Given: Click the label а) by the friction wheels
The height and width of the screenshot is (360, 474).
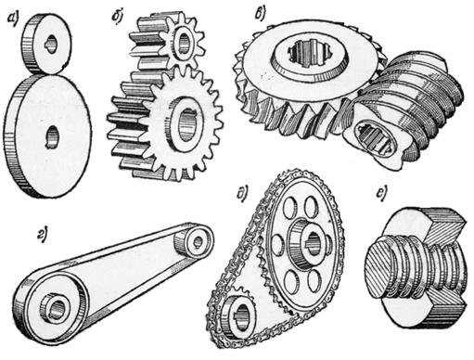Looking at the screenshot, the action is coord(13,20).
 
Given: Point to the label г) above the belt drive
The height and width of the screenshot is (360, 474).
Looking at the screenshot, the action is coord(43,236).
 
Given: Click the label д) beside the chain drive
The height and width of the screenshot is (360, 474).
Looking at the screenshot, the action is coord(241,194).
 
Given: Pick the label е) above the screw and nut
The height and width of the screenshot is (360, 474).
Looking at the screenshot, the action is coord(381,193).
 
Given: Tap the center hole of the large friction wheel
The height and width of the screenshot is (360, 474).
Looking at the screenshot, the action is coord(52,137).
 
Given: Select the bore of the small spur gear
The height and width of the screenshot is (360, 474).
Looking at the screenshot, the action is coord(185,41).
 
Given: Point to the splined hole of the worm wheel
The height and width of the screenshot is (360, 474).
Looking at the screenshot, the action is coord(310,55).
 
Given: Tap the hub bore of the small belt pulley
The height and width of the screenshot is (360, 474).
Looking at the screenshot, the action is coord(198,241).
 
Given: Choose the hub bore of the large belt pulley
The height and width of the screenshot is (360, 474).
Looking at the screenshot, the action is coord(58,308).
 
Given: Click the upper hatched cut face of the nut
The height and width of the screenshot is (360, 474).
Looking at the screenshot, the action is coord(442,228).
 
